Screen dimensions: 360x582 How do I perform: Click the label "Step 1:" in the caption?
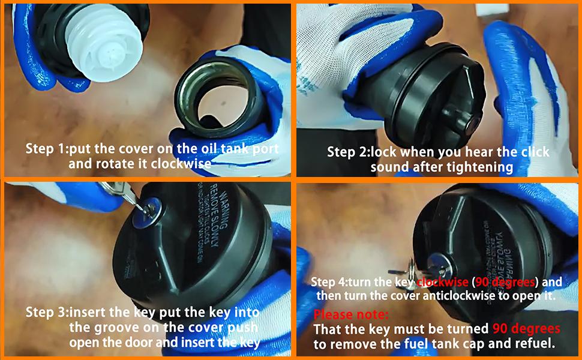[49, 148]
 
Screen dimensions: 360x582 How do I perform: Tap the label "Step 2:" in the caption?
[349, 152]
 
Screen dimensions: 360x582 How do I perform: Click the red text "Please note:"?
[352, 315]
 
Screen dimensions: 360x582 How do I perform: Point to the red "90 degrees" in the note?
[526, 329]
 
